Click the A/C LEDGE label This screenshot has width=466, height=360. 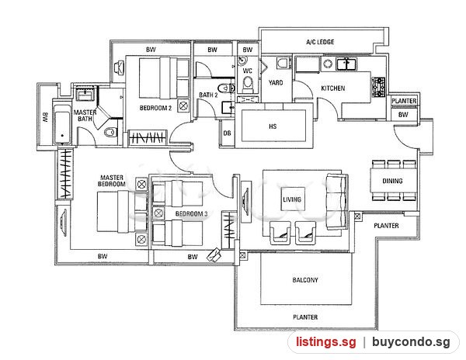pyautogui.click(x=320, y=42)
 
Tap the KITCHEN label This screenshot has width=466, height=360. pyautogui.click(x=333, y=88)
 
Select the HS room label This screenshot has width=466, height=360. pyautogui.click(x=273, y=126)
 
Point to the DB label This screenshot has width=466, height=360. pyautogui.click(x=227, y=133)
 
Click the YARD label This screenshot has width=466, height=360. pyautogui.click(x=276, y=83)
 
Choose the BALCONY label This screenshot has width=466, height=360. pyautogui.click(x=305, y=280)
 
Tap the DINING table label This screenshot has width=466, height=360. pyautogui.click(x=392, y=181)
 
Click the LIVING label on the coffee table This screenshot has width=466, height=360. pyautogui.click(x=292, y=199)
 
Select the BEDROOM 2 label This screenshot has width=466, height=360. pyautogui.click(x=156, y=108)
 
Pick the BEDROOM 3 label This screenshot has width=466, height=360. pyautogui.click(x=191, y=213)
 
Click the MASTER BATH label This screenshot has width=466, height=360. pyautogui.click(x=85, y=116)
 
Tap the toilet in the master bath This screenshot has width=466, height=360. pyautogui.click(x=110, y=132)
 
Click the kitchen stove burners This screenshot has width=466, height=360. pyautogui.click(x=379, y=87)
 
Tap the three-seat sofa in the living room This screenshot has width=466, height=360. pyautogui.click(x=337, y=202)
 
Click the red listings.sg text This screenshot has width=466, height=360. pyautogui.click(x=325, y=342)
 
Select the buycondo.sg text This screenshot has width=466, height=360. pyautogui.click(x=411, y=342)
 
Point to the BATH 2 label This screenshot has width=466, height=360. pyautogui.click(x=208, y=95)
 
